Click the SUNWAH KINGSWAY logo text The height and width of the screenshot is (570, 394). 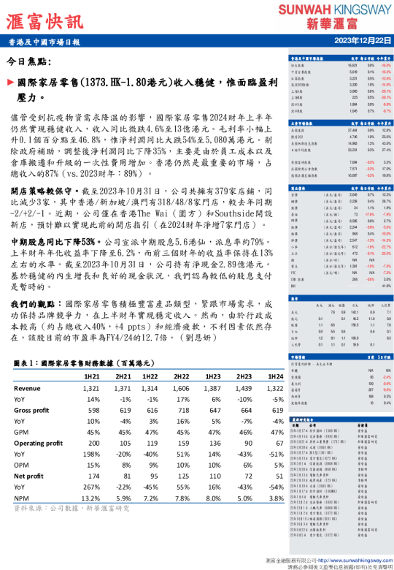pos(334,9)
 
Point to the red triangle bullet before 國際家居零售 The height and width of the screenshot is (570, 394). pos(9,83)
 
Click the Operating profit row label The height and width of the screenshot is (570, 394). pos(39,443)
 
